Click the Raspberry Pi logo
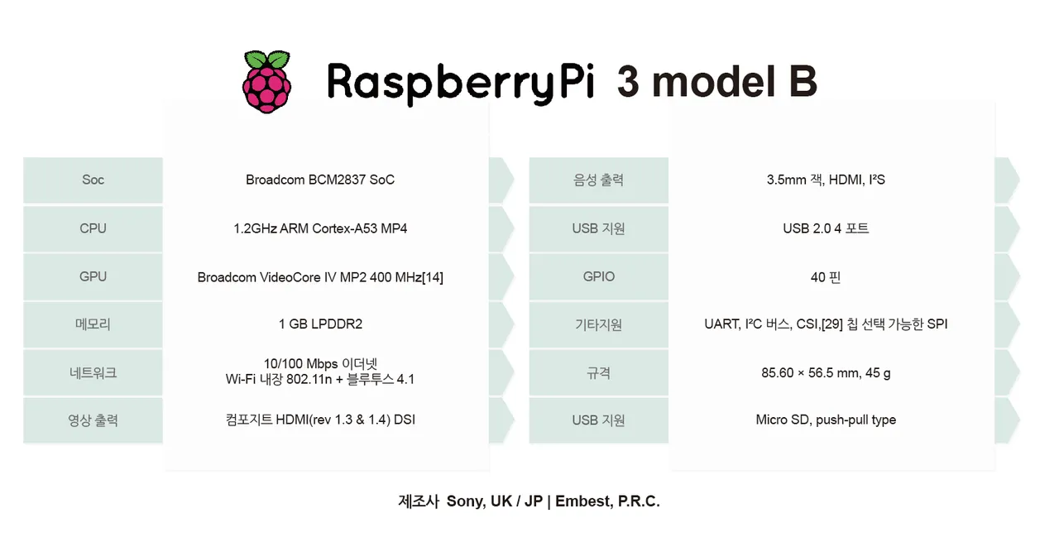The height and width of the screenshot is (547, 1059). pyautogui.click(x=266, y=82)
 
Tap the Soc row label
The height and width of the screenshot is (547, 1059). pyautogui.click(x=93, y=180)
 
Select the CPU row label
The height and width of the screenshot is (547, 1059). pyautogui.click(x=93, y=228)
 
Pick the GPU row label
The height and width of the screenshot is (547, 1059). pyautogui.click(x=93, y=276)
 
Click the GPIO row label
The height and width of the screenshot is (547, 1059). pyautogui.click(x=598, y=276)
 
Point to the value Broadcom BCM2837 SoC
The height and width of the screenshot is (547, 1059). pyautogui.click(x=320, y=180)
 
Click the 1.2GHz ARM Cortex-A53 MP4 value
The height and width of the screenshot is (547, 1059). pyautogui.click(x=320, y=228)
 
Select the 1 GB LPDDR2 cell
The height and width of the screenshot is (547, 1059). pyautogui.click(x=320, y=324)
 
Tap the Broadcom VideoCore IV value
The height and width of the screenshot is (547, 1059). pyautogui.click(x=320, y=277)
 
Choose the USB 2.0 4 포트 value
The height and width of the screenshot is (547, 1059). pyautogui.click(x=826, y=228)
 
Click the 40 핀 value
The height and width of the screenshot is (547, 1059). pyautogui.click(x=826, y=277)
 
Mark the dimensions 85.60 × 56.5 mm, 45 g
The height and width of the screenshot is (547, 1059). pyautogui.click(x=826, y=373)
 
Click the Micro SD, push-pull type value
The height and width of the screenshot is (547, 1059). pyautogui.click(x=826, y=420)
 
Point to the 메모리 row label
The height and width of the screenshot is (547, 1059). pyautogui.click(x=93, y=324)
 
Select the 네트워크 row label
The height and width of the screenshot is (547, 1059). pyautogui.click(x=93, y=373)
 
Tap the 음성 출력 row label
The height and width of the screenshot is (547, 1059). pyautogui.click(x=598, y=180)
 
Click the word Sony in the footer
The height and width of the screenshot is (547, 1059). pyautogui.click(x=466, y=501)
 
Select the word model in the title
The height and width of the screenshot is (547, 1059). pyautogui.click(x=713, y=81)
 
